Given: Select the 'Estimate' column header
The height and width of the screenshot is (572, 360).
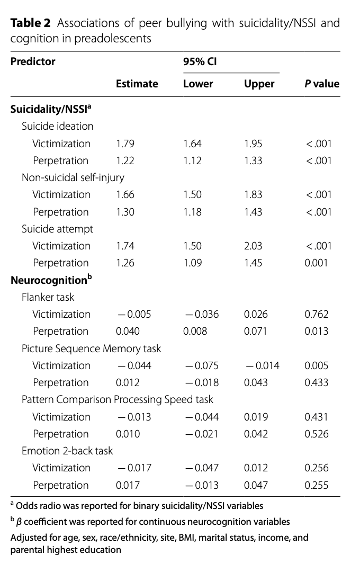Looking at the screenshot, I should coord(137,84).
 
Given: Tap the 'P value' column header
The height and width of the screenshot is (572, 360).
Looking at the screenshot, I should coord(322,84).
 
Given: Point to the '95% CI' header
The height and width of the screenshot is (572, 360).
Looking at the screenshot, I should coord(200,61).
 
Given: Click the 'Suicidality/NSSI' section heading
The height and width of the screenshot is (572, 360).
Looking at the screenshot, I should coord(51,109).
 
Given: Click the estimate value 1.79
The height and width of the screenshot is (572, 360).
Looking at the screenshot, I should coord(125,144).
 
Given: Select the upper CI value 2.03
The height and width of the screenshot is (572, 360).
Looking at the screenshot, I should coord(253,246).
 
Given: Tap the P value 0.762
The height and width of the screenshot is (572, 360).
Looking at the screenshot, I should coord(317,314).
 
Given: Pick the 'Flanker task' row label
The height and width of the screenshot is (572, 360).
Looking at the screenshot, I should coord(48,297).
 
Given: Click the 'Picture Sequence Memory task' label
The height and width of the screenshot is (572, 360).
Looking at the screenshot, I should coord(91,348).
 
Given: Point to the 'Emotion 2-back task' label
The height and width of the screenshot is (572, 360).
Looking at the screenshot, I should coord(67,451).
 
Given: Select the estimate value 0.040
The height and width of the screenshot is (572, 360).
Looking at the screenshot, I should coord(128,331).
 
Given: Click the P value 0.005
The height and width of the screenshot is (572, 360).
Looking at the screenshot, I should coord(317,365).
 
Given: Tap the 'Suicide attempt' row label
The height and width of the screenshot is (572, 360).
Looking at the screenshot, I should coord(57,229).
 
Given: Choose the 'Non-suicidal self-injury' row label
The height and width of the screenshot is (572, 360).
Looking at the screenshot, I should coord(73,177).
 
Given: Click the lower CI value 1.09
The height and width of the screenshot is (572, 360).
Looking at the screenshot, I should coord(192,263).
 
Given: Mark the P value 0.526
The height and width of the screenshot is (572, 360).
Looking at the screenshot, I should coord(317,434).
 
